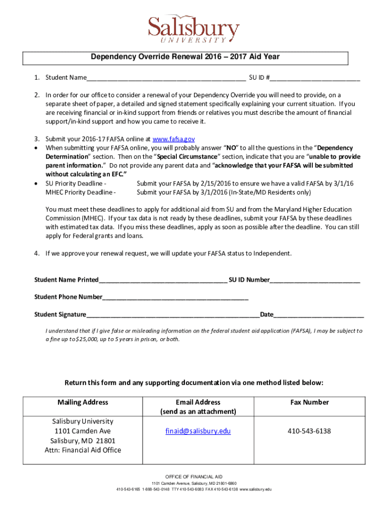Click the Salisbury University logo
(193, 29)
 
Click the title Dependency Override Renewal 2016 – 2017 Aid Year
(185, 57)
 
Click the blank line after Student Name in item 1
(166, 79)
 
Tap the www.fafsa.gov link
(173, 139)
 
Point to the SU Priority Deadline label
(76, 183)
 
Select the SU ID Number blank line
(315, 280)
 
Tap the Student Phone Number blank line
(175, 297)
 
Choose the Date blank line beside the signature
(318, 315)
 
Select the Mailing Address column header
(83, 402)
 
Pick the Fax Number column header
(309, 402)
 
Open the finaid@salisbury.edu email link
(198, 431)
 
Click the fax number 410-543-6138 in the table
(309, 431)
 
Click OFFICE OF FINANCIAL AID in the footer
(193, 477)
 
